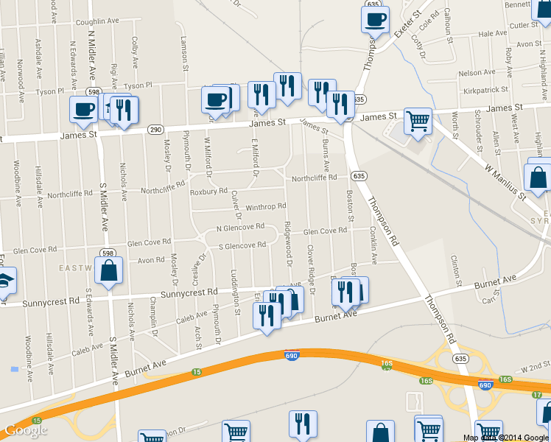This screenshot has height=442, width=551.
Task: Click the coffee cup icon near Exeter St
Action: tap(375, 18)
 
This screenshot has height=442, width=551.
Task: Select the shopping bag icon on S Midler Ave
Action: tap(109, 270)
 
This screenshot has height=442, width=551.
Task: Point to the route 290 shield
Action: tap(155, 129)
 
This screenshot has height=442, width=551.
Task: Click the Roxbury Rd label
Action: tap(204, 191)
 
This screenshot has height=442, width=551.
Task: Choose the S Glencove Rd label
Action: tap(242, 245)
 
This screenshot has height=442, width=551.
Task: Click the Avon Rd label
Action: tap(151, 260)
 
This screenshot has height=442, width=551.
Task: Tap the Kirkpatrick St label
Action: tap(483, 90)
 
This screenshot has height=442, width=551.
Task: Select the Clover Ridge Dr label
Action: tap(310, 269)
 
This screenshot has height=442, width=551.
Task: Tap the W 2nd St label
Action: tap(534, 367)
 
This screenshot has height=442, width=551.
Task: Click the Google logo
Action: tap(26, 430)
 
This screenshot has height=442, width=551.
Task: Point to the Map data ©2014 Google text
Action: tap(506, 438)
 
